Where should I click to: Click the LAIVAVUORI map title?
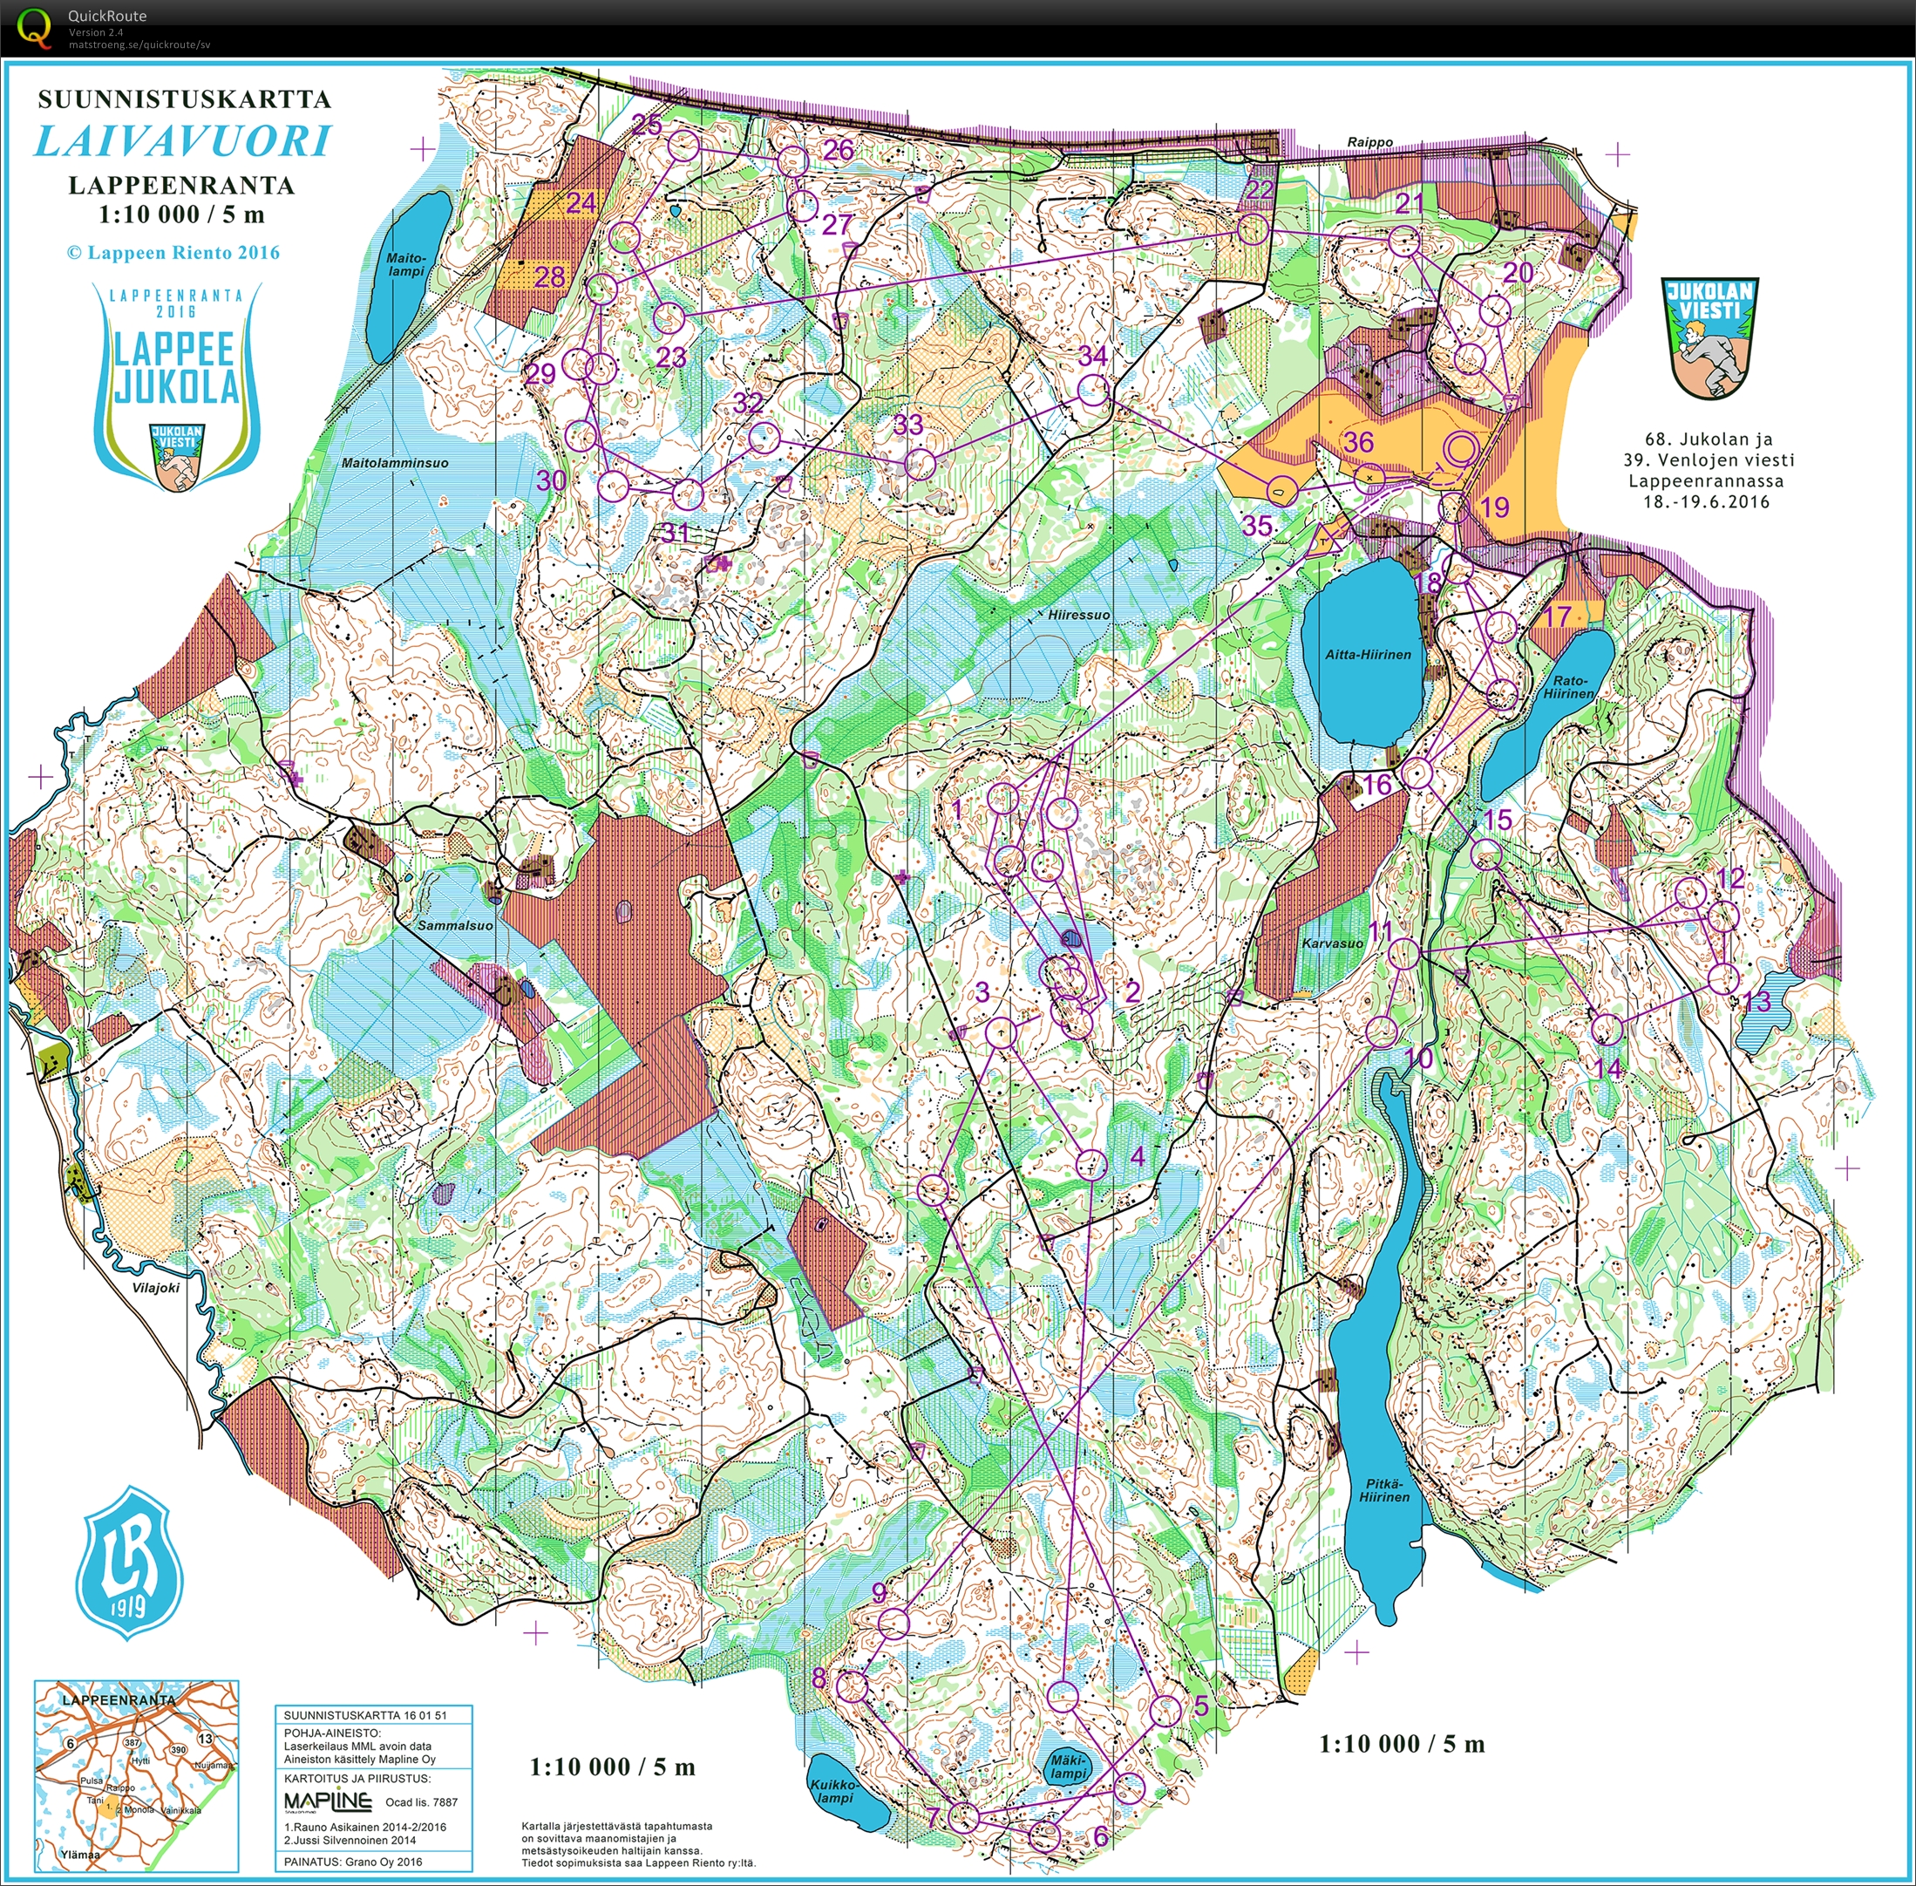pos(183,141)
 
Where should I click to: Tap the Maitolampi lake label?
pos(406,264)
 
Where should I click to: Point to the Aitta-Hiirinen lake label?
pos(1368,655)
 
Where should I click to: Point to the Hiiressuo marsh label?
pos(1078,615)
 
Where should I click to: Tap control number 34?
pos(1092,356)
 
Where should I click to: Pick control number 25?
pos(647,125)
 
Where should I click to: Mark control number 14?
pos(1609,1069)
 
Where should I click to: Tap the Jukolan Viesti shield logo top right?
pos(1710,337)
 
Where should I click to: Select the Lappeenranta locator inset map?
pos(137,1772)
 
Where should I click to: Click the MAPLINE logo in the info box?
pos(328,1801)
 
